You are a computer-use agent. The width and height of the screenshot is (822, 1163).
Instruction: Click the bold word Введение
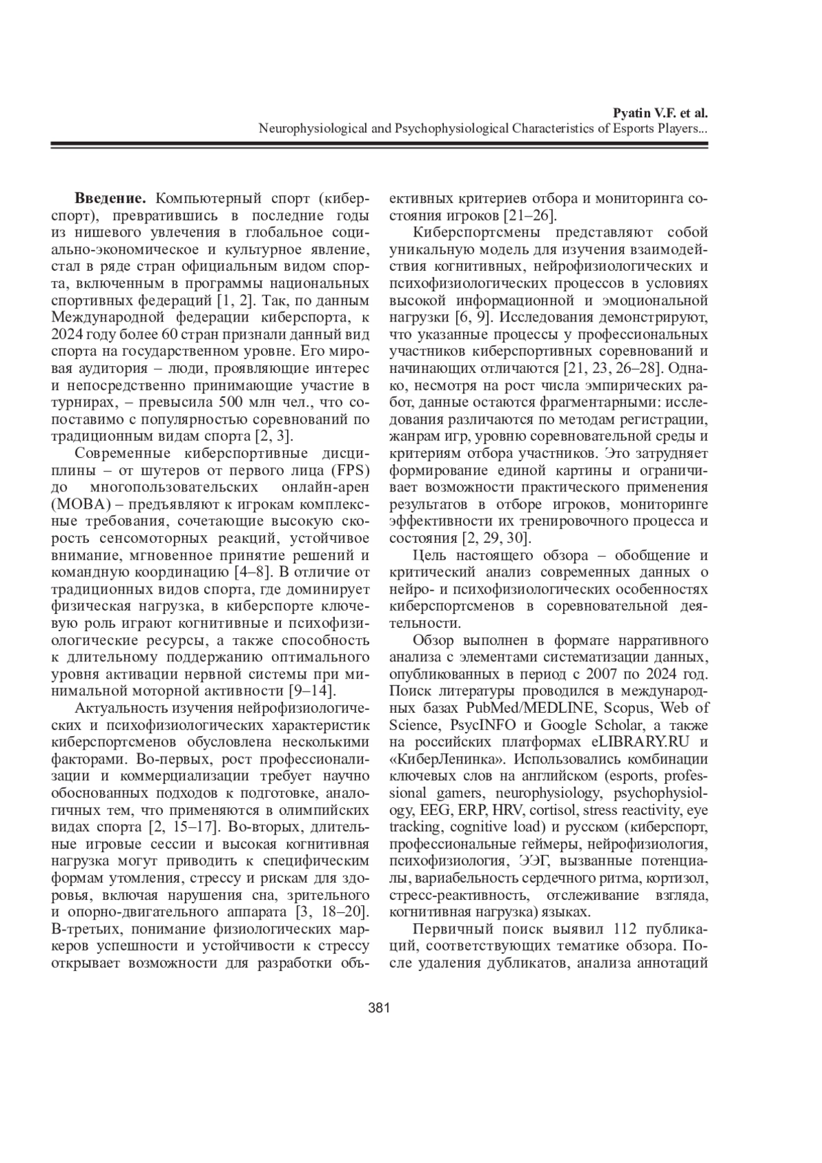coord(110,199)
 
